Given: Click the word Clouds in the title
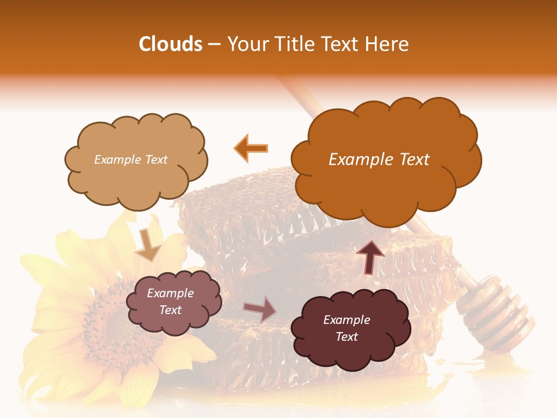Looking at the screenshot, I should coord(170,44).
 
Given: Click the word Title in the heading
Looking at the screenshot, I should coord(293,44).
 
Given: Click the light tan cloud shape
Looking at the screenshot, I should coord(136,160).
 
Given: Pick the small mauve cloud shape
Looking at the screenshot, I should coord(173,302).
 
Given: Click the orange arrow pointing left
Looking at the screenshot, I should coord(251,148).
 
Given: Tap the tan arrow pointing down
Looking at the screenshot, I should coord(148,244).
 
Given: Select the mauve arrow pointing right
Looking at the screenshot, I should coord(260,309).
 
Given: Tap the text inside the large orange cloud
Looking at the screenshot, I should coord(379,160).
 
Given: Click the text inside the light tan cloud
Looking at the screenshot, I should coord(131,160).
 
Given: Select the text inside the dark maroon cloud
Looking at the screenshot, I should coord(346,328).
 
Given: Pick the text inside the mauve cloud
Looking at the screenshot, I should coord(170,302).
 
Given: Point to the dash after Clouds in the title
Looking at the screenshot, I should coord(214,45).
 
